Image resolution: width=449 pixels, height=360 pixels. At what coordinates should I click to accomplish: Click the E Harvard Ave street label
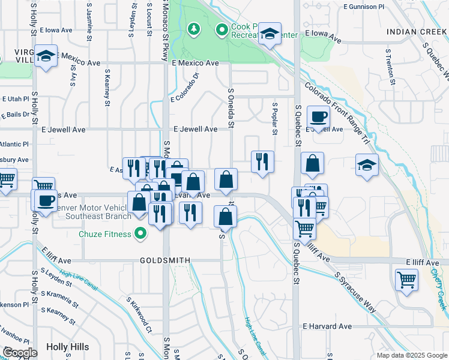click(x=327, y=326)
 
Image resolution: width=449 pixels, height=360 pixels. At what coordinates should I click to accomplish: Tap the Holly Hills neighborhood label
click(x=67, y=347)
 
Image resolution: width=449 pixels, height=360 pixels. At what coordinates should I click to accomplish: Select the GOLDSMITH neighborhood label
click(x=165, y=260)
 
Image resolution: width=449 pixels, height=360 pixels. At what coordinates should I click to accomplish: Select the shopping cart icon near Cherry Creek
click(x=406, y=280)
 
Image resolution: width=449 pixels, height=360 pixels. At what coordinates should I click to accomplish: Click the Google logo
click(x=20, y=353)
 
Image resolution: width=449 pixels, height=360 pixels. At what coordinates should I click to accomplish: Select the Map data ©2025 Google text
click(x=411, y=355)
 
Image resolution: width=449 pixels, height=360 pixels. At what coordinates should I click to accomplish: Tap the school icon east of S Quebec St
click(x=367, y=166)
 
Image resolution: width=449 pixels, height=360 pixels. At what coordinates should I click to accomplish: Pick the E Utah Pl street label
click(x=16, y=98)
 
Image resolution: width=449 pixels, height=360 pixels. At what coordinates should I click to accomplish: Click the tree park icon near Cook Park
click(x=193, y=28)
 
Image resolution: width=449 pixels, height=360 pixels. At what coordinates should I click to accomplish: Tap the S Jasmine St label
click(x=89, y=18)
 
